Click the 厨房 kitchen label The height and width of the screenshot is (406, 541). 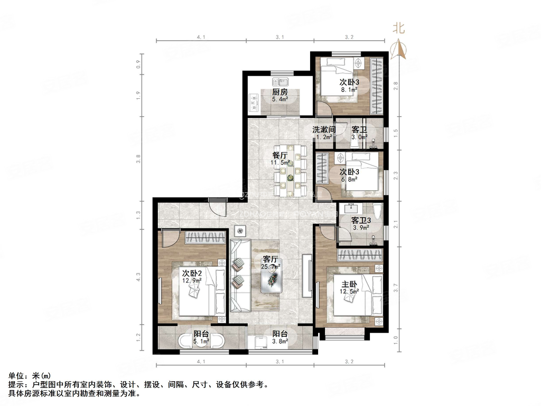point(280,91)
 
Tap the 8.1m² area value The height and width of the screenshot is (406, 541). point(350,90)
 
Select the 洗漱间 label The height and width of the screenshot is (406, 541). point(324,130)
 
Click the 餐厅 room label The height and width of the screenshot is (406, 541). point(280,155)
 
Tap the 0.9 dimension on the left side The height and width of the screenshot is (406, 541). point(138,64)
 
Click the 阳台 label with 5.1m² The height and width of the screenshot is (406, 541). point(201,334)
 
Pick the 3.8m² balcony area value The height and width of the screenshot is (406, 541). point(280,342)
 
